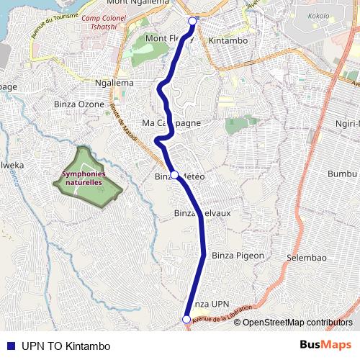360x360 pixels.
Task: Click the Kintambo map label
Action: (228, 41)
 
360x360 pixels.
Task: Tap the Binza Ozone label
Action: (79, 104)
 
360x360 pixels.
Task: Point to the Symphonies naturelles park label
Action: (83, 179)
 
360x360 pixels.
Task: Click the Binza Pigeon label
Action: (238, 256)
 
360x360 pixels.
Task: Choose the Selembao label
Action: (307, 258)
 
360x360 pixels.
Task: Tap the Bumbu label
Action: (342, 174)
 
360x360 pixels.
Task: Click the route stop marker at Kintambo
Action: (192, 22)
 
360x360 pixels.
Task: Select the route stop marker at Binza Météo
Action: (174, 175)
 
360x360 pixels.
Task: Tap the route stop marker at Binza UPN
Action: (186, 320)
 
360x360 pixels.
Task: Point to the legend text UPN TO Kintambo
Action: (66, 346)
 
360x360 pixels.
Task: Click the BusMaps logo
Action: (325, 345)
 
